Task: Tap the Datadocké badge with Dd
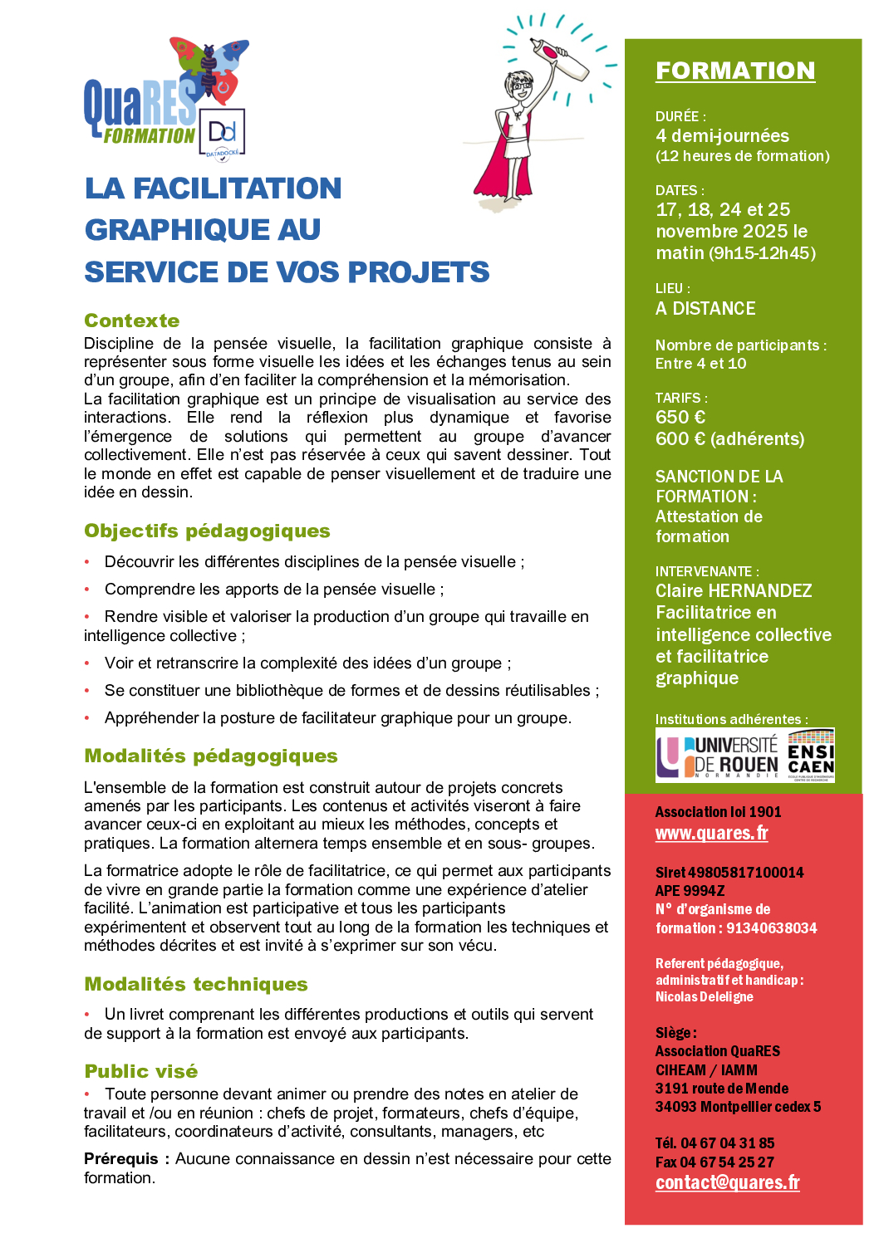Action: (x=222, y=133)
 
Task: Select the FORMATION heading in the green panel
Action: (x=735, y=71)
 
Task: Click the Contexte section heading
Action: (x=132, y=321)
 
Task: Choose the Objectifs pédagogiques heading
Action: (x=207, y=531)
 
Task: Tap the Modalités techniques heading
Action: (x=196, y=984)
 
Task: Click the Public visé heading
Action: (x=141, y=1071)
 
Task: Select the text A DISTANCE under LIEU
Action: (x=705, y=309)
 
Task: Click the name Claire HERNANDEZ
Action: (x=734, y=591)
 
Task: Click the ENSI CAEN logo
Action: (x=811, y=756)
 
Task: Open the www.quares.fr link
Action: (x=711, y=833)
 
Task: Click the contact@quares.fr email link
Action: (x=727, y=1182)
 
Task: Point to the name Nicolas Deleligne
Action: (x=704, y=996)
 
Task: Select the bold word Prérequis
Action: (x=121, y=1158)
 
